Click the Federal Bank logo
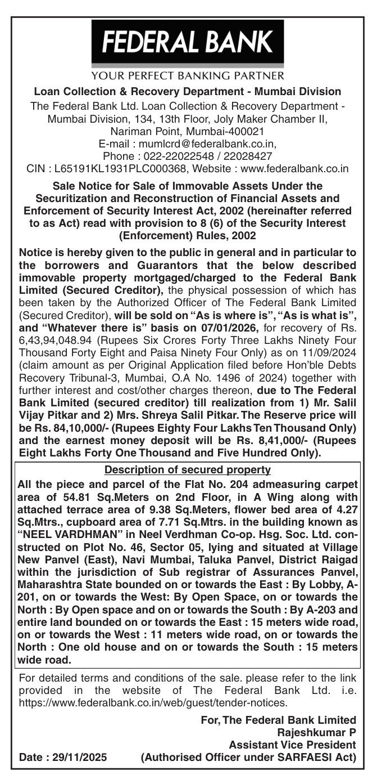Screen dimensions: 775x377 coord(188,42)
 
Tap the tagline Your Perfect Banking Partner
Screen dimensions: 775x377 coord(188,75)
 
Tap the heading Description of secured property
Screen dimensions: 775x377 coord(188,469)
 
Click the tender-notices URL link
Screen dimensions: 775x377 coord(153,702)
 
